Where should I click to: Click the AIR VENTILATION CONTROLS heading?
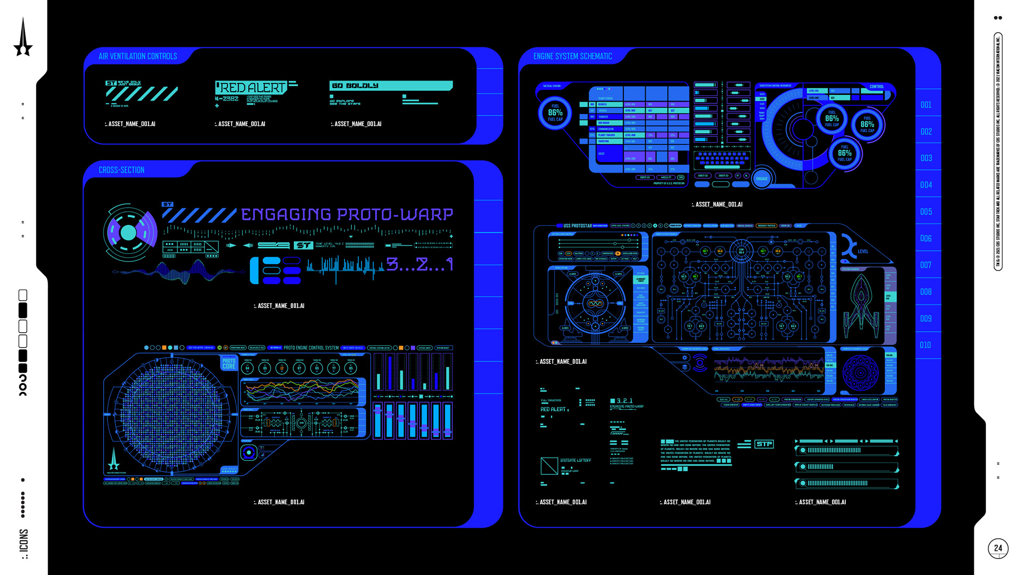point(137,56)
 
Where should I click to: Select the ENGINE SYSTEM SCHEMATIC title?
point(572,56)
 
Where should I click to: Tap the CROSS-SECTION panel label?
point(121,170)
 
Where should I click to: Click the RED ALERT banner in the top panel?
point(253,87)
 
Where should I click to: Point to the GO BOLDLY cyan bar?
point(391,86)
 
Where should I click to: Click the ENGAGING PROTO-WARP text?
point(347,215)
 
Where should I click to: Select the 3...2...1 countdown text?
point(419,265)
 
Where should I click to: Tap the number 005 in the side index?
point(926,212)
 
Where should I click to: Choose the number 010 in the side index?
point(926,346)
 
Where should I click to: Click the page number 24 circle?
point(998,548)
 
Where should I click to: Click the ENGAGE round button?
point(762,179)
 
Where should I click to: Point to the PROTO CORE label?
point(229,364)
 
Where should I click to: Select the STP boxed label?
point(764,444)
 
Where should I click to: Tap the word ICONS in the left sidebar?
point(23,541)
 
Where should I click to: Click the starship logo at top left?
point(23,37)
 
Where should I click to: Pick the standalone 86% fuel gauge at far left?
point(555,113)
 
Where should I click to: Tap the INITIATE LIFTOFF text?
point(575,461)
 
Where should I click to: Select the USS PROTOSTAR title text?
point(578,226)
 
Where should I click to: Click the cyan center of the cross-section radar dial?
point(128,233)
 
